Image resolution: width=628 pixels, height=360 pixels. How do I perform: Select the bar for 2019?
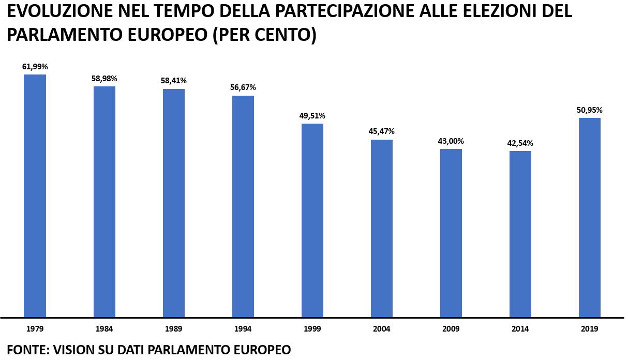pyautogui.click(x=589, y=217)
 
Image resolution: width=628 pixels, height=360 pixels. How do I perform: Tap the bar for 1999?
pyautogui.click(x=312, y=220)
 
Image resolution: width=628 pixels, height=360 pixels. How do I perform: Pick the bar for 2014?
pyautogui.click(x=520, y=234)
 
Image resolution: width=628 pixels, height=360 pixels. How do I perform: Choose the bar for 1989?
pyautogui.click(x=174, y=203)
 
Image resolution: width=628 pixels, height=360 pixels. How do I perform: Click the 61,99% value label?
pyautogui.click(x=35, y=67)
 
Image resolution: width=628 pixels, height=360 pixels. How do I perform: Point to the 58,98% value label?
pyautogui.click(x=104, y=79)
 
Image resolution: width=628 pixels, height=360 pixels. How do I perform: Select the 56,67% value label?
pyautogui.click(x=243, y=87)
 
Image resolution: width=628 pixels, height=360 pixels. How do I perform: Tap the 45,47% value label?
pyautogui.click(x=381, y=131)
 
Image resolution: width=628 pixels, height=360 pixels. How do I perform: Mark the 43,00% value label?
pyautogui.click(x=451, y=141)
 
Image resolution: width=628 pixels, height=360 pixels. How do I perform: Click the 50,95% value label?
pyautogui.click(x=590, y=110)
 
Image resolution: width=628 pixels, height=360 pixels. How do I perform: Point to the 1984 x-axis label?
pyautogui.click(x=104, y=329)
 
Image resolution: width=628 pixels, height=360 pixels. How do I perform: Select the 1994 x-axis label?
pyautogui.click(x=243, y=329)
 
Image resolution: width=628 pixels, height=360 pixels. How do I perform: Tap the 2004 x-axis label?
pyautogui.click(x=382, y=329)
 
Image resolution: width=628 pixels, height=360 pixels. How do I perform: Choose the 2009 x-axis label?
pyautogui.click(x=451, y=329)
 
